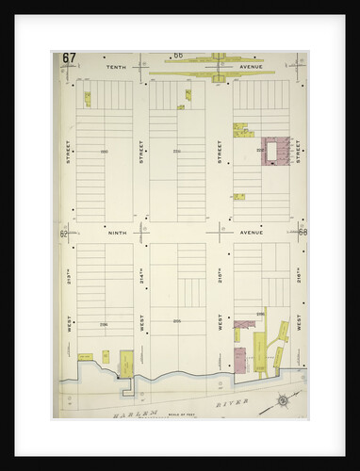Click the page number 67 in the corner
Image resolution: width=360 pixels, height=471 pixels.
click(69, 57)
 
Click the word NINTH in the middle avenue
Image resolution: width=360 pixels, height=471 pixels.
click(117, 232)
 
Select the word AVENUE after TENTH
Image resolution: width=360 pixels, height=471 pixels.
click(254, 69)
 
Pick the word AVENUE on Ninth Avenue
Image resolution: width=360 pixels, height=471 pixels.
click(254, 232)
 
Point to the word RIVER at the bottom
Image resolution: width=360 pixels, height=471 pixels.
click(237, 402)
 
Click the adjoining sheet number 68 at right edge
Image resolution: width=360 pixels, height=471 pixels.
click(303, 232)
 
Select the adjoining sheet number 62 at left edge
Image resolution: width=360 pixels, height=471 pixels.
click(63, 232)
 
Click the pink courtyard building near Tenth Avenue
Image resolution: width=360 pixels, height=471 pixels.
click(274, 152)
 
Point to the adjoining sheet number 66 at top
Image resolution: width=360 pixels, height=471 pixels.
click(177, 56)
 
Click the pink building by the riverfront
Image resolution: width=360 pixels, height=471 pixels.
click(239, 359)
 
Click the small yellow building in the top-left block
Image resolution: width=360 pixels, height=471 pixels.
click(87, 98)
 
